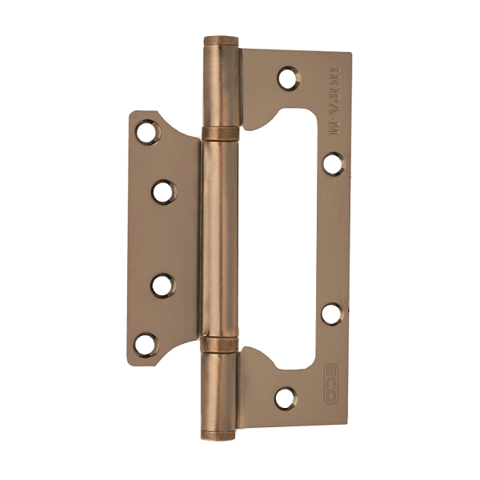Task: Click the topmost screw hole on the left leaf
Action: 146,132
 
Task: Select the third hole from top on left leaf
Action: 162,284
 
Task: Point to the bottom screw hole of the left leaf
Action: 145,345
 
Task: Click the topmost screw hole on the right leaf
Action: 287,78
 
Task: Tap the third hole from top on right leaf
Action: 331,313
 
